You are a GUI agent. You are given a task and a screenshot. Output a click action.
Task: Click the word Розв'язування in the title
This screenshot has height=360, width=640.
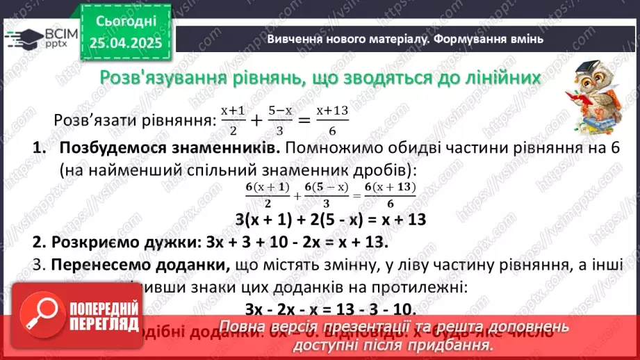tap(161, 77)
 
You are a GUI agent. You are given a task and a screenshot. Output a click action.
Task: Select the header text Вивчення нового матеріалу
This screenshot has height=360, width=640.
tap(348, 39)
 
